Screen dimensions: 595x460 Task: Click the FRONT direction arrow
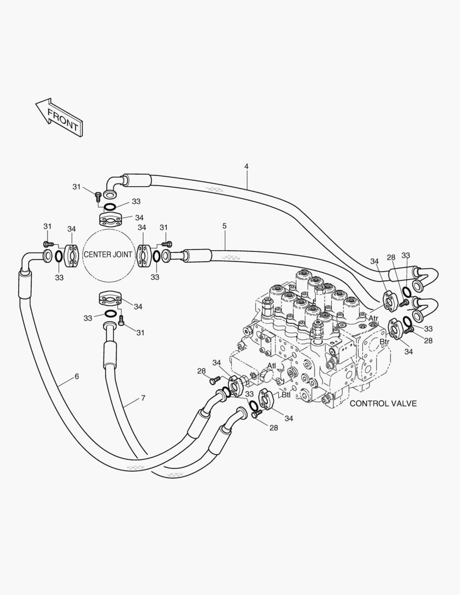coord(59,116)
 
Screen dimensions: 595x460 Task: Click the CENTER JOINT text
coord(107,255)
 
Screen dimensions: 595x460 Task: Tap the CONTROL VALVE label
coord(383,404)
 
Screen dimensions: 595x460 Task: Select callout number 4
coord(246,166)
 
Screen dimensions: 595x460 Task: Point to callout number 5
coord(225,226)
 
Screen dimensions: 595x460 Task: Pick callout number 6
coord(77,377)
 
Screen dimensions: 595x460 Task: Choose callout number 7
coord(143,397)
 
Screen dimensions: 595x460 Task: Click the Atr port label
coord(374,318)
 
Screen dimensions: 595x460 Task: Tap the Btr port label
coord(385,342)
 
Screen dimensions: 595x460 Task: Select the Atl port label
coord(272,366)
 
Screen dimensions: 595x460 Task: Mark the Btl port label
coord(286,394)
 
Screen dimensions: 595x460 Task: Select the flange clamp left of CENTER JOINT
coord(72,255)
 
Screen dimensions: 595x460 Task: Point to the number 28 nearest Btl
coord(273,428)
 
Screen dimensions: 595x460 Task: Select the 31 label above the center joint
coord(77,187)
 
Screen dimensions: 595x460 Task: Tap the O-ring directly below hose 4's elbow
coord(110,207)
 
